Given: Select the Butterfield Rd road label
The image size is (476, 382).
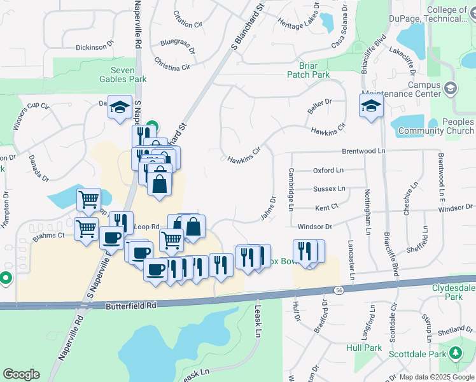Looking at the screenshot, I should point(130,306).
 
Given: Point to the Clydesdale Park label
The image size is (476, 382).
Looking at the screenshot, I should point(454,292).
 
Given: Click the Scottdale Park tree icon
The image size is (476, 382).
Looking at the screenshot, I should point(456,353).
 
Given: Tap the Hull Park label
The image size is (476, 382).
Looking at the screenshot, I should point(364,348).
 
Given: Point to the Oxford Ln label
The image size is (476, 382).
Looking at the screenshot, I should point(328,170).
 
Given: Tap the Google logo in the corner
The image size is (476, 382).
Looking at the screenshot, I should point(21,374).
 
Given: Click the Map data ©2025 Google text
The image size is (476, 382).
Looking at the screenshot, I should point(437,377).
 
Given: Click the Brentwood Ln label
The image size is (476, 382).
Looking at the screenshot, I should point(364,152).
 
